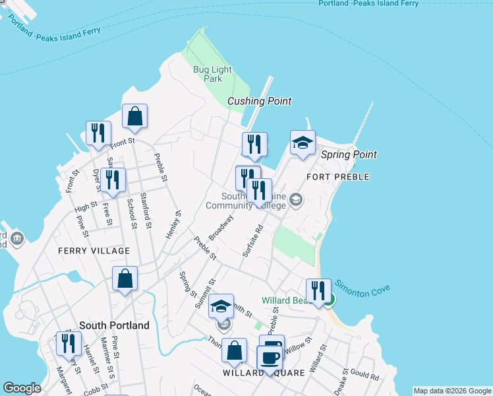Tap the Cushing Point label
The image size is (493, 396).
tap(259, 101)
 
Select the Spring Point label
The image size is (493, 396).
tap(349, 154)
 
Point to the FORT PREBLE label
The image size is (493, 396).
tap(338, 177)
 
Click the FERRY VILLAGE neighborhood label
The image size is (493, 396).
tap(94, 251)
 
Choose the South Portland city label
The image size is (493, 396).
tap(114, 325)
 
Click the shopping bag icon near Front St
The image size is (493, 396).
tap(134, 117)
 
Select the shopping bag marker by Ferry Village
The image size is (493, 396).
tap(125, 279)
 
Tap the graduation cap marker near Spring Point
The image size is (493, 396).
tap(303, 143)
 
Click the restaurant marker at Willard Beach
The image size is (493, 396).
tap(318, 290)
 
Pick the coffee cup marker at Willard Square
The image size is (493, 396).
tap(269, 358)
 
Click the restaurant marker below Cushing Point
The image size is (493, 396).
tap(254, 145)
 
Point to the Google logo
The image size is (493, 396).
tap(22, 388)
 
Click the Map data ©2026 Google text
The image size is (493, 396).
tap(452, 391)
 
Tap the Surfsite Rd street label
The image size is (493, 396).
tap(253, 240)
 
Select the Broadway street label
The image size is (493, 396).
tap(221, 228)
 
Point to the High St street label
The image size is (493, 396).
tap(86, 208)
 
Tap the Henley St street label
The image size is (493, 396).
tap(173, 225)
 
